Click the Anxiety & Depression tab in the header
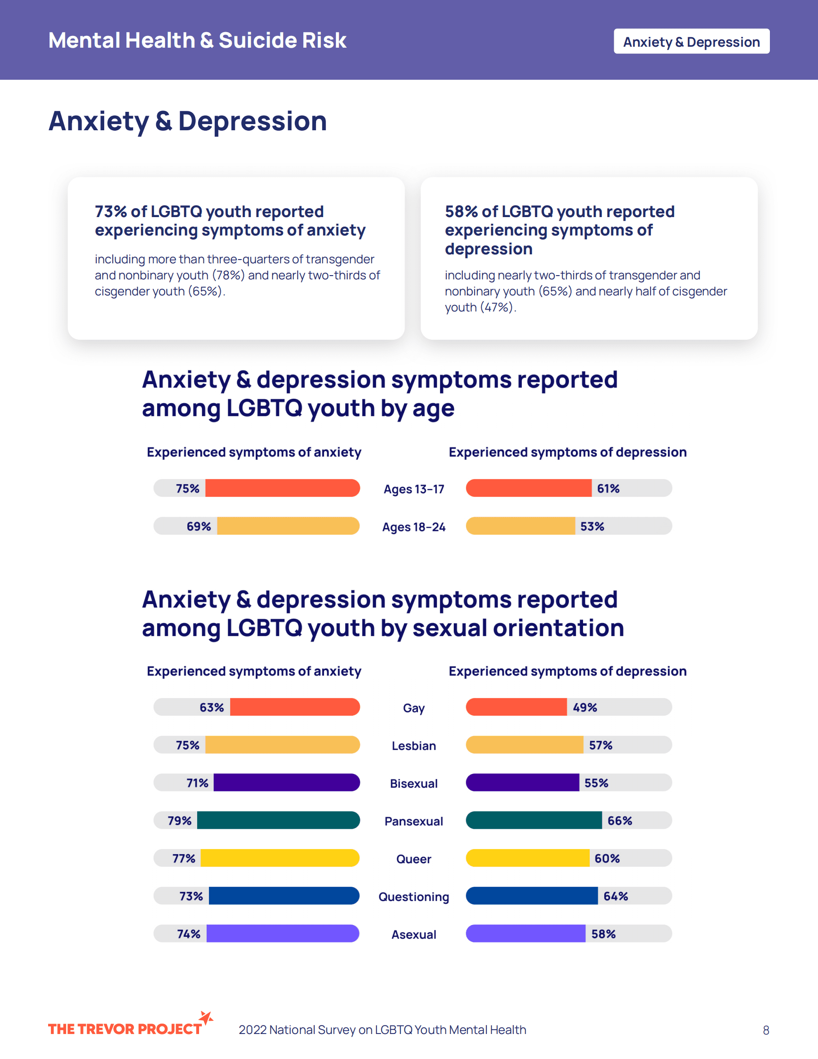click(691, 42)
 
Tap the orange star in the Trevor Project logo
click(207, 1017)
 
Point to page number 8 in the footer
click(766, 1030)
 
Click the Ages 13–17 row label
click(414, 489)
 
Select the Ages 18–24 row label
click(414, 527)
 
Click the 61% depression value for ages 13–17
click(608, 488)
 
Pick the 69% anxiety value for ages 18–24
click(199, 526)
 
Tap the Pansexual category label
click(414, 821)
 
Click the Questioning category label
click(414, 897)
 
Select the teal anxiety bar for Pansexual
click(278, 820)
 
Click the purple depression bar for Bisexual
click(522, 782)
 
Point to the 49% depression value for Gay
click(585, 707)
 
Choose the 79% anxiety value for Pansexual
click(180, 820)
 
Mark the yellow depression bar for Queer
click(528, 858)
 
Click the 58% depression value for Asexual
click(603, 934)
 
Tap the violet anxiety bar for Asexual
click(283, 933)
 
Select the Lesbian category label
click(414, 745)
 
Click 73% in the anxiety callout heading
click(110, 212)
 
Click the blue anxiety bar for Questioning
click(284, 896)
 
